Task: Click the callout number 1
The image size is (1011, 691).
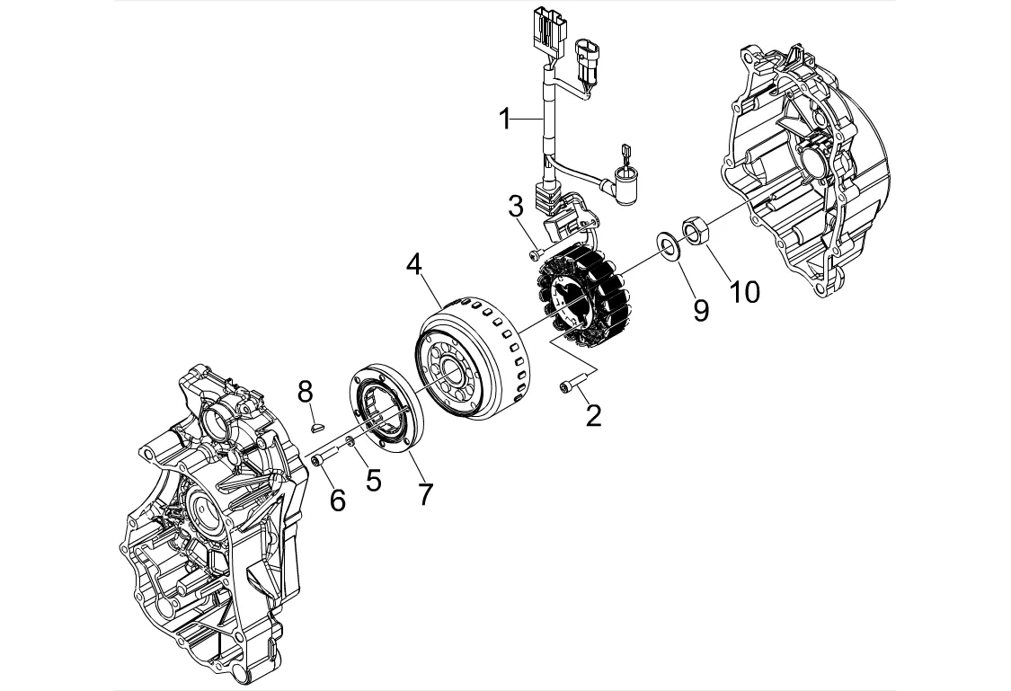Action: point(505,120)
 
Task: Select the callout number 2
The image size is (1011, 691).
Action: point(593,416)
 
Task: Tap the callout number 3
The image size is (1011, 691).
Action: point(516,207)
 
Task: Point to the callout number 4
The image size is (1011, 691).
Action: point(414,264)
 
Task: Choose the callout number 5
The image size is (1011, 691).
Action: point(374,480)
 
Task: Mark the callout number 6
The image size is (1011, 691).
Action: point(338,501)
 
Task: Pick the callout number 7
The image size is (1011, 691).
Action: point(425,494)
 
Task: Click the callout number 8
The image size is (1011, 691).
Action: point(305,391)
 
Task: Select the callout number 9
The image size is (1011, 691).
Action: point(701,309)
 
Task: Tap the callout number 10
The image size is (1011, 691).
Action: point(745,291)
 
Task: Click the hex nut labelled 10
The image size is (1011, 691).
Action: point(695,231)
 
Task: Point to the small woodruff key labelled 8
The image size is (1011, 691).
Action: point(314,426)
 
